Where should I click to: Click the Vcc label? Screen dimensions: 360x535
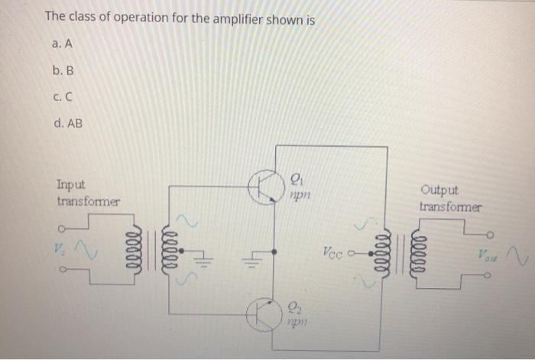pyautogui.click(x=336, y=250)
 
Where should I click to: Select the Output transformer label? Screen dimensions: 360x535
pyautogui.click(x=449, y=199)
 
